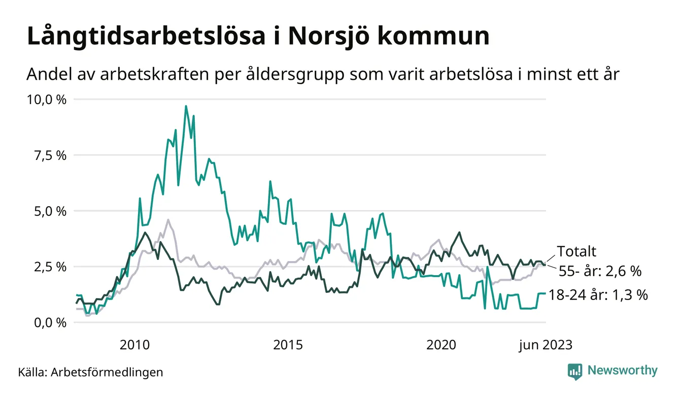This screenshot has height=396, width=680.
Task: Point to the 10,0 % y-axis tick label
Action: point(47,100)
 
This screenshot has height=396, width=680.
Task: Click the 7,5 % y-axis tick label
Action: point(50,155)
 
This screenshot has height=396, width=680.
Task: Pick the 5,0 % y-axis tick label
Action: point(50,211)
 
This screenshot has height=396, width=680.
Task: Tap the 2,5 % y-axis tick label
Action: point(50,267)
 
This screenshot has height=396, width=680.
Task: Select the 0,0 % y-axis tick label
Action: point(50,323)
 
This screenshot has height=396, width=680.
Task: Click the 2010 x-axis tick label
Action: point(135,345)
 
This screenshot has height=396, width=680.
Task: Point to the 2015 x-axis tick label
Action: point(288,345)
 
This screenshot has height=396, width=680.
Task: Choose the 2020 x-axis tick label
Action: point(441,345)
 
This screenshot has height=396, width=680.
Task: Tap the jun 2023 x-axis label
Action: point(545,345)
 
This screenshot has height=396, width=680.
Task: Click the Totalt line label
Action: point(576,251)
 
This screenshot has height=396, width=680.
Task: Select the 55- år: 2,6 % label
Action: point(600,271)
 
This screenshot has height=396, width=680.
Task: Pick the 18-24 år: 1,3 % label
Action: point(598,295)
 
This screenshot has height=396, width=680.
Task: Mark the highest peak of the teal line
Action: point(186,106)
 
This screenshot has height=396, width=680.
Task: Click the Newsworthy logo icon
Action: point(574,371)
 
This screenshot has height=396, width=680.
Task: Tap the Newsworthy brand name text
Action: point(622,371)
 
